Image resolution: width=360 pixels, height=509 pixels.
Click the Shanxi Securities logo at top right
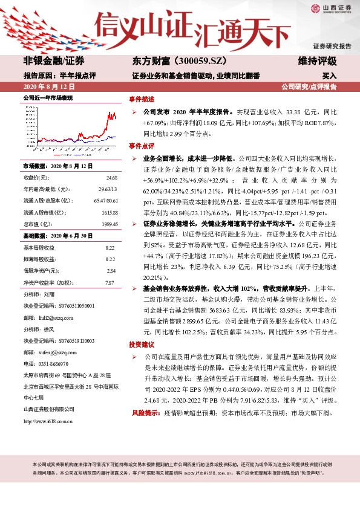(x=331, y=8)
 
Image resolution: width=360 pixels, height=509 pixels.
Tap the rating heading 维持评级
(x=318, y=60)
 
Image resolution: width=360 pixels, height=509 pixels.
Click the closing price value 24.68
(x=111, y=178)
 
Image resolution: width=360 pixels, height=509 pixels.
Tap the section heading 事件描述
(x=141, y=99)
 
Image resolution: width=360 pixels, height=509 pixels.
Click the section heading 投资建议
(x=141, y=343)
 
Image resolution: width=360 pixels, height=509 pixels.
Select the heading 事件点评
(x=141, y=146)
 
